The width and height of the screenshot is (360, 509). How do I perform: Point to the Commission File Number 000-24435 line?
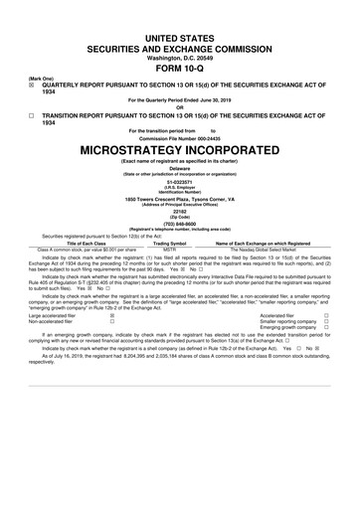180,137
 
